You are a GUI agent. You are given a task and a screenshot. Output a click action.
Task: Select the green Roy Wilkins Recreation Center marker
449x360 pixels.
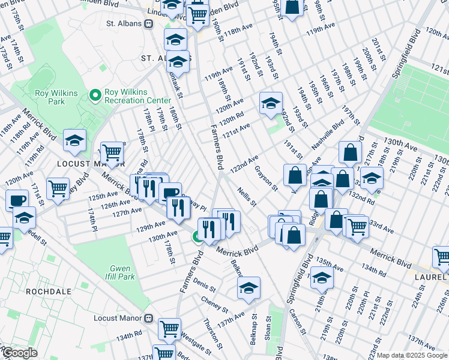click(x=95, y=95)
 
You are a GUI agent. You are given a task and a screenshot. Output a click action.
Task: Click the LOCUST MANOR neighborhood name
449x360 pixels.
click(x=90, y=163)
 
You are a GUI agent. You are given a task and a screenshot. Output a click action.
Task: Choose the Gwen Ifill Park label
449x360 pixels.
click(x=122, y=273)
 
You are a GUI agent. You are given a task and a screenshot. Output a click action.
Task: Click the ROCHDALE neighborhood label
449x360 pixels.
click(x=49, y=291)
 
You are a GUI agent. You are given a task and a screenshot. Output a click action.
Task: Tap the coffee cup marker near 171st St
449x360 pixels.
click(x=17, y=200)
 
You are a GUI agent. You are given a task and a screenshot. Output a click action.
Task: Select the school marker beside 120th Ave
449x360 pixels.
click(x=271, y=103)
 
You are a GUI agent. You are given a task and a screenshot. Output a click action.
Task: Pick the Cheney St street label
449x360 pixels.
click(x=211, y=302)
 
